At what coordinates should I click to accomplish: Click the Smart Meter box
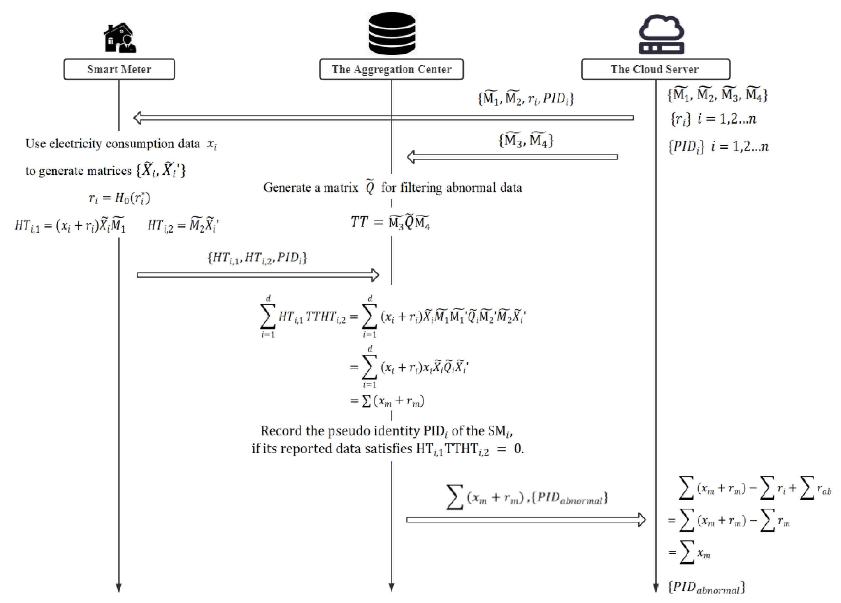(x=119, y=69)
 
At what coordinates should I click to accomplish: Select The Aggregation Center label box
(x=391, y=69)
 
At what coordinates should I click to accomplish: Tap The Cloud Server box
(x=655, y=69)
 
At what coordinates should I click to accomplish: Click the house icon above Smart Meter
(x=120, y=38)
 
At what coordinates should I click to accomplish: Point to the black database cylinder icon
(x=392, y=33)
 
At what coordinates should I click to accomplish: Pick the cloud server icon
(x=661, y=34)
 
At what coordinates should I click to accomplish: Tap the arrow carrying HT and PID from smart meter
(x=258, y=275)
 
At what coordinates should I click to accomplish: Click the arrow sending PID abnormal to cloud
(x=526, y=520)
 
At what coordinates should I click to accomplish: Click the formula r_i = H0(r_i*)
(x=119, y=198)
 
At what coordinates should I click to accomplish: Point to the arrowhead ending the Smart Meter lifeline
(x=119, y=588)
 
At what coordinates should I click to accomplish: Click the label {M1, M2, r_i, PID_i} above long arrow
(x=526, y=99)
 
